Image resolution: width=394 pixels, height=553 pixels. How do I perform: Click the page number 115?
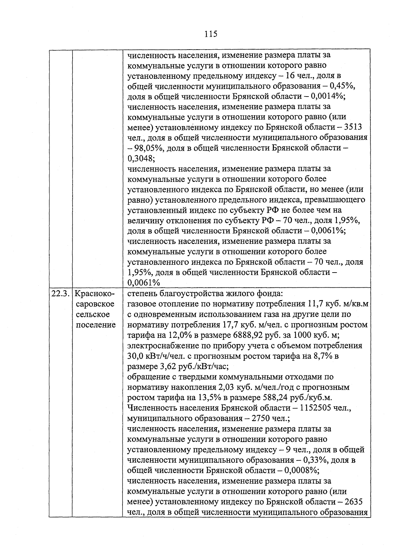point(210,34)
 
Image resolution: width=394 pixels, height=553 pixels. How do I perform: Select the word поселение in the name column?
point(96,325)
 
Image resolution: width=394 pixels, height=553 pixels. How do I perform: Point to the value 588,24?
point(276,398)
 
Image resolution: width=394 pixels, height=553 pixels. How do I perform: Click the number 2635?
point(351,502)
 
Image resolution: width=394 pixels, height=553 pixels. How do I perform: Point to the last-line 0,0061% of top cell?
point(143,283)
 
